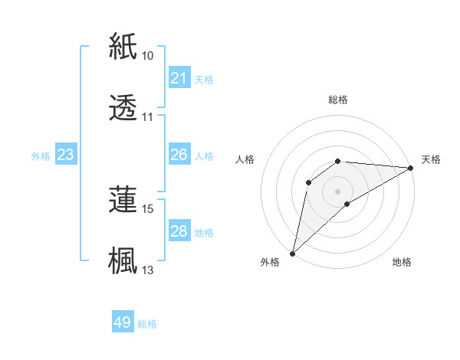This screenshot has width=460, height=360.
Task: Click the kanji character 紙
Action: coord(123,46)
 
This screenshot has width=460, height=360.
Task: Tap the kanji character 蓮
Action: coord(123,199)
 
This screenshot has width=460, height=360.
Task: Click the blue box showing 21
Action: coord(179,78)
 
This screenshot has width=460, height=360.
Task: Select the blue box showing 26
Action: coord(179,155)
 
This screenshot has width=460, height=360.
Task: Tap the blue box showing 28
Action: coord(179,231)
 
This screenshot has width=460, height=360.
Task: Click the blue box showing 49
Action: coord(123,322)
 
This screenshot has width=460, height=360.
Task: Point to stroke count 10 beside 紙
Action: coord(148,56)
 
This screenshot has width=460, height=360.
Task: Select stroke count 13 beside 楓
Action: coord(148,270)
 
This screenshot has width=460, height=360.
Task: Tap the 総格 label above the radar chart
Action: coord(338,100)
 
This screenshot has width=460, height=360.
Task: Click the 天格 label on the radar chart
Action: coord(431,159)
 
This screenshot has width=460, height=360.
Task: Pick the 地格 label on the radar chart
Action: coord(402,262)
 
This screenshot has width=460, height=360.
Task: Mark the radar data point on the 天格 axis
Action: coord(411,168)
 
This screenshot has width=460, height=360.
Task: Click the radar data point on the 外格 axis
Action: coord(292,253)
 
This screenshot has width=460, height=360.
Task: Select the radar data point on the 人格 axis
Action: coord(309,182)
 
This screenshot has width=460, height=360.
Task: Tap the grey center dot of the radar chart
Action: coord(338,191)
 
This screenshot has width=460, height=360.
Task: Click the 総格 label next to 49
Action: coord(147,323)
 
